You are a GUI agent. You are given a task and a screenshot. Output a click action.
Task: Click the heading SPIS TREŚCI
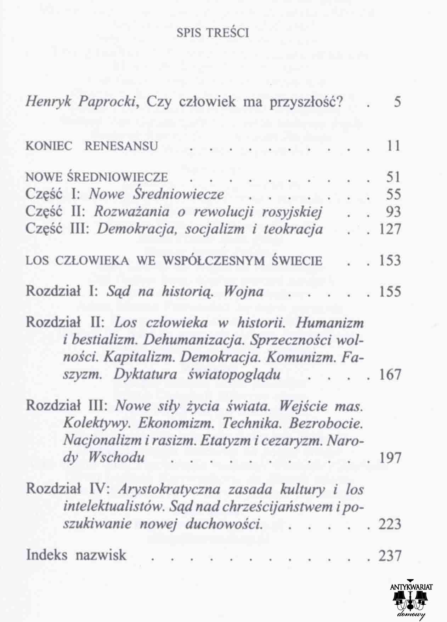coord(213,33)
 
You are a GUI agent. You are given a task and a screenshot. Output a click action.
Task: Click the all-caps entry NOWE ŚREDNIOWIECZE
coord(97,177)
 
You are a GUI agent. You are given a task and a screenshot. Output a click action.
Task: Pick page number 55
coord(393,194)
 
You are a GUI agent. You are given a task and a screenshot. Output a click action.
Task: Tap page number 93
coord(393,212)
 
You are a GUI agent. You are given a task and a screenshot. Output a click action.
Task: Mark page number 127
coord(390,229)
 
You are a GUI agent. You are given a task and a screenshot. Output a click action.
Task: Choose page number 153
coord(390,261)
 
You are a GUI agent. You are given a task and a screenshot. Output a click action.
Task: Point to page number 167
coord(390,375)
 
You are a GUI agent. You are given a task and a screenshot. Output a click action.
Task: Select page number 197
coord(390,458)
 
